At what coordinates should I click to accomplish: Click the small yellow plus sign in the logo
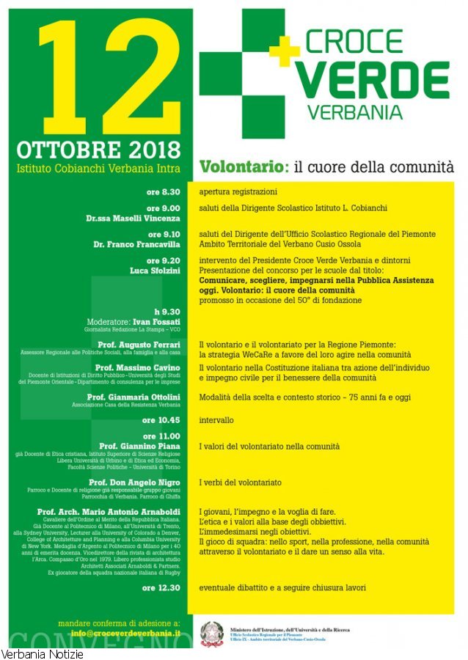pyautogui.click(x=285, y=48)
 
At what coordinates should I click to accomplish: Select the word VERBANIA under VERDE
pyautogui.click(x=355, y=113)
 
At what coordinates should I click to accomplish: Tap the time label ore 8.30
pyautogui.click(x=163, y=191)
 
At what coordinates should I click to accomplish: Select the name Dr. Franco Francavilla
pyautogui.click(x=136, y=243)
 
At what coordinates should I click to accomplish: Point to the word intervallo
pyautogui.click(x=217, y=421)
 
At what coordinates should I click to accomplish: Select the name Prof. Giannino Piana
pyautogui.click(x=139, y=446)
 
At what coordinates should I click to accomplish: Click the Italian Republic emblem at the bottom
pyautogui.click(x=213, y=633)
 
